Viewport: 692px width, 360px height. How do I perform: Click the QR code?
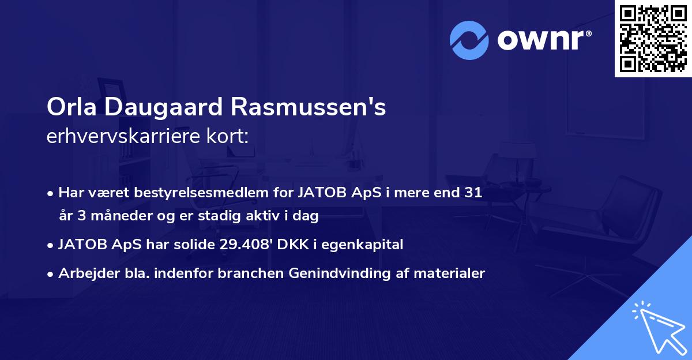[652, 39]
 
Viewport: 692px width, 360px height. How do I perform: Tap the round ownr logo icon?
[469, 40]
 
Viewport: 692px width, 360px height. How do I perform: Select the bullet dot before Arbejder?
[51, 274]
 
